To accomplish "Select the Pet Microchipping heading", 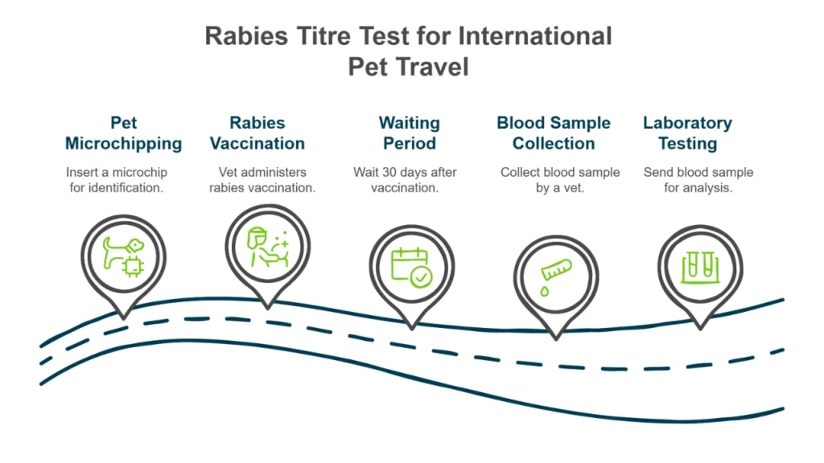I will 124,133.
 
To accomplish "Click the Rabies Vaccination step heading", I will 257,133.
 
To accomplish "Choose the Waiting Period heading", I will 410,133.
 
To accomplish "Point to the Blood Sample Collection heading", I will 554,133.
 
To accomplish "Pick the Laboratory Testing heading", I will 687,133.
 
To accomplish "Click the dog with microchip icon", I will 124,256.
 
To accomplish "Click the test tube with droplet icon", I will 556,273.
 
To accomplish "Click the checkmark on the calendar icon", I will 422,277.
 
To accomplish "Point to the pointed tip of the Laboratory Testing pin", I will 700,326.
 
